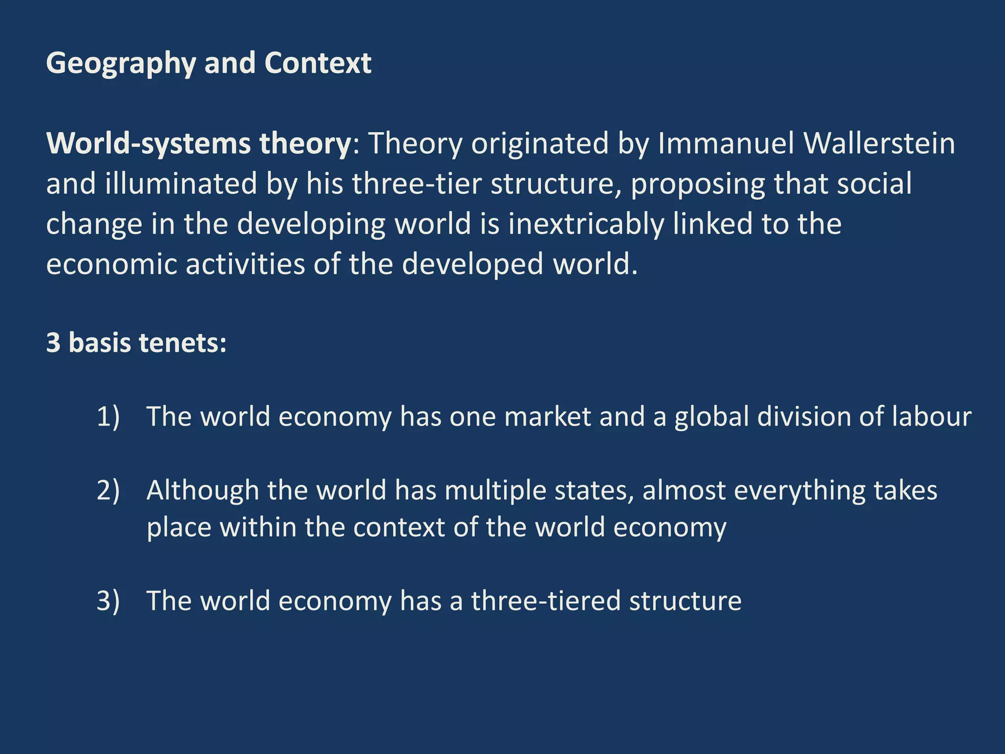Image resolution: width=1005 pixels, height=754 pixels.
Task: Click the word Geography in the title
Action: pos(121,64)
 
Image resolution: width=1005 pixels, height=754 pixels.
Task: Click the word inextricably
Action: pos(586,224)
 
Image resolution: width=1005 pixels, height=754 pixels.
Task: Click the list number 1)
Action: pos(108,417)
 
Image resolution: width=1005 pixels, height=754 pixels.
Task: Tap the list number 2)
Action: pos(108,490)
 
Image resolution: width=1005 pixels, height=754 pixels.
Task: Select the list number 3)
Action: pos(108,601)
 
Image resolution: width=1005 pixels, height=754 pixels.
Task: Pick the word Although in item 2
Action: pos(202,490)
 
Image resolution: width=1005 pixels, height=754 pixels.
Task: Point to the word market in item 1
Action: pos(547,417)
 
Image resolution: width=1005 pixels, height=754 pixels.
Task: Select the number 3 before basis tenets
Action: pos(53,342)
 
